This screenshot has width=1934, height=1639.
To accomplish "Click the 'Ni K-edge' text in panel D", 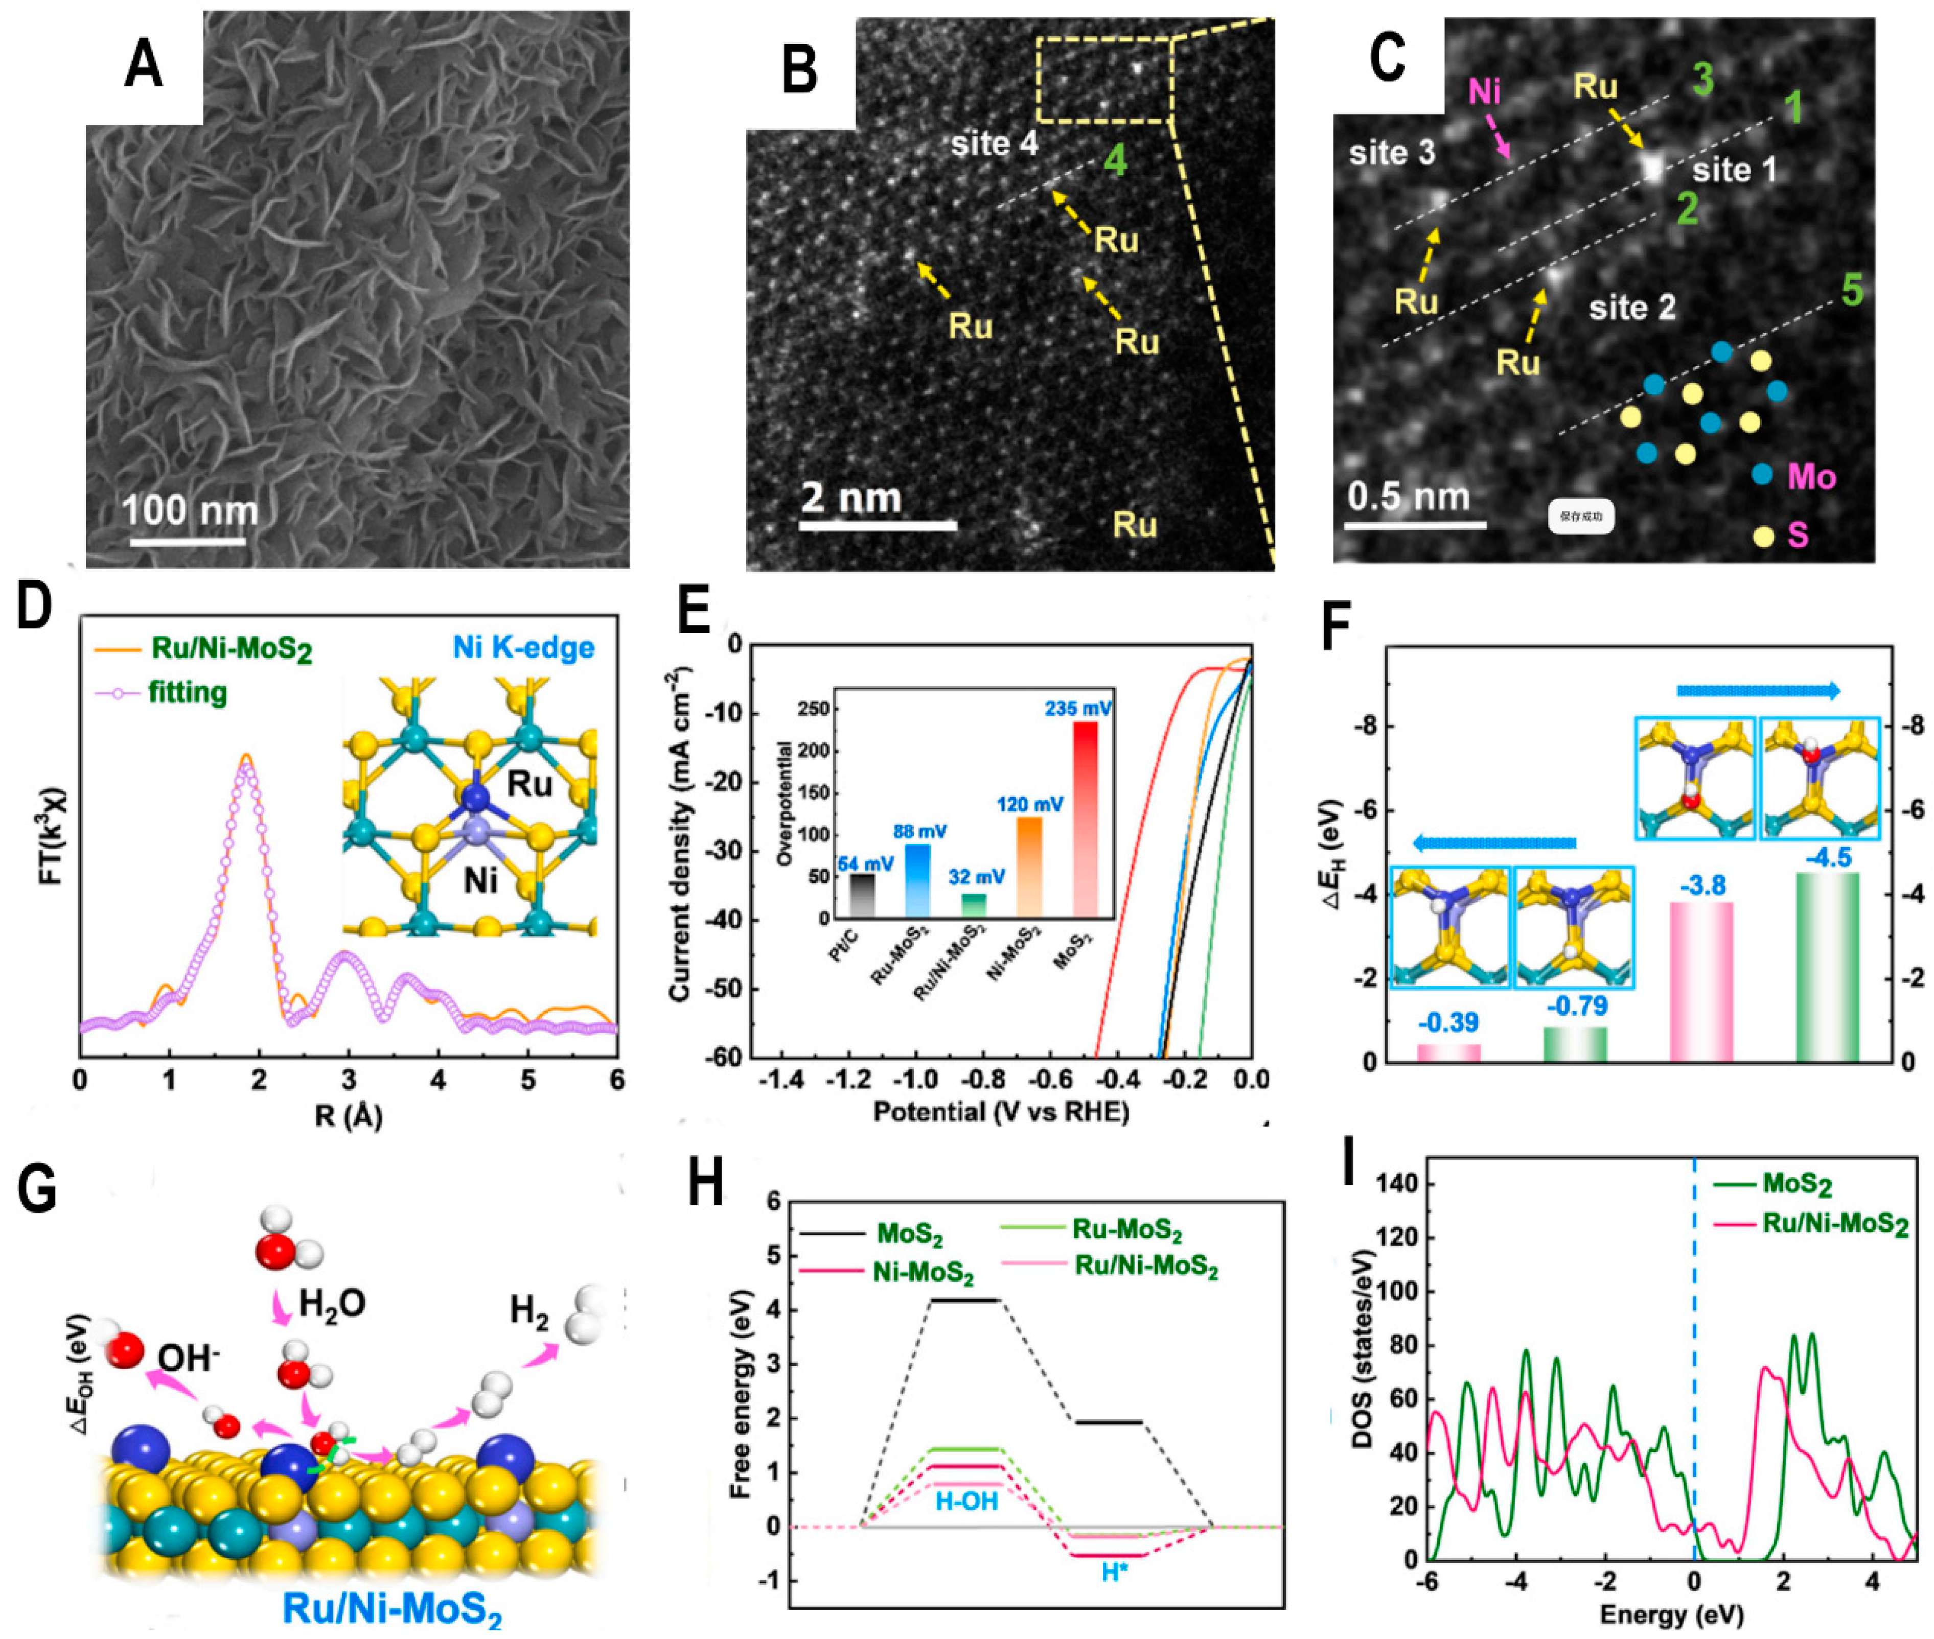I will [x=523, y=648].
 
